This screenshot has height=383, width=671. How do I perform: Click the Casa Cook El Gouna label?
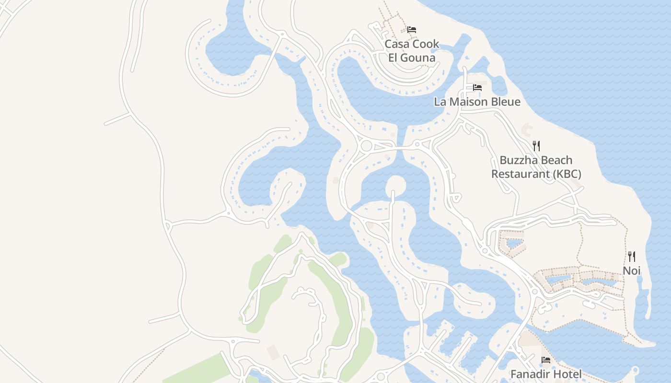click(x=412, y=51)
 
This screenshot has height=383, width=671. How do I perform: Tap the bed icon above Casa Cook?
click(x=411, y=30)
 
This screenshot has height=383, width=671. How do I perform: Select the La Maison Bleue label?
click(x=477, y=101)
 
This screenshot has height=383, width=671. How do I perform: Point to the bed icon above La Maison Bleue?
click(x=477, y=88)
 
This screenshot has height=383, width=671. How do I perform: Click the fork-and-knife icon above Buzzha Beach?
click(x=536, y=146)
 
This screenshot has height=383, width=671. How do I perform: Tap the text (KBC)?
click(x=567, y=174)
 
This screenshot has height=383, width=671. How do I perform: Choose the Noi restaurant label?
click(x=631, y=270)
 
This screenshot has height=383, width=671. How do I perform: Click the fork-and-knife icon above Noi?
click(x=631, y=257)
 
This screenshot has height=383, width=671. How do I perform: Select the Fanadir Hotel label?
click(x=546, y=374)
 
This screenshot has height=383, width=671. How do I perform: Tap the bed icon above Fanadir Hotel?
click(x=545, y=360)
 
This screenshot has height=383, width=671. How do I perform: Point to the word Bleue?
click(x=504, y=101)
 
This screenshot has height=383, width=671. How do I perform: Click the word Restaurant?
click(x=521, y=174)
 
